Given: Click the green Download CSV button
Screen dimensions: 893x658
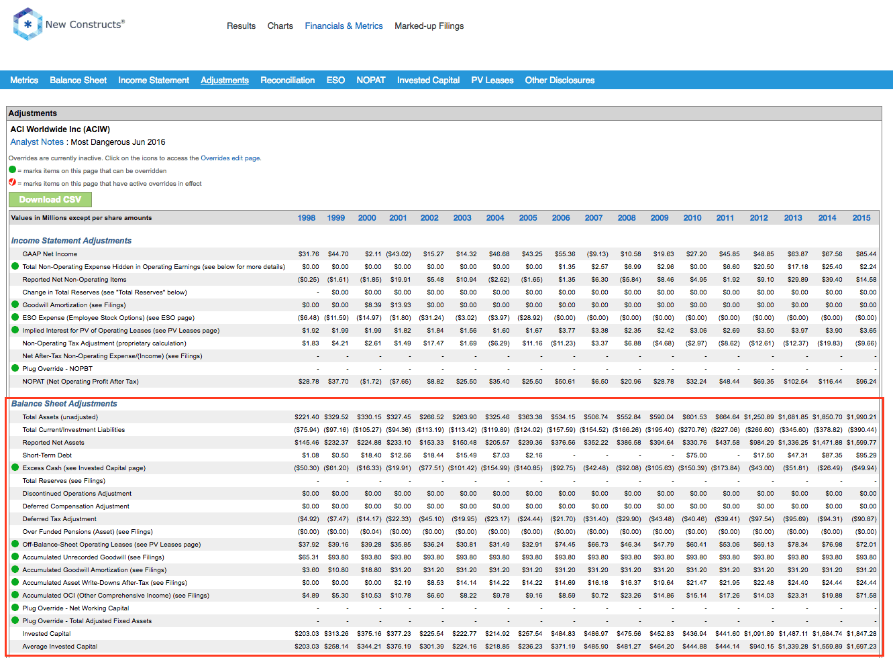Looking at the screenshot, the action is (50, 199).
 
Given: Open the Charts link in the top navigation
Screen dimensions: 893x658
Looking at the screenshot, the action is (280, 26).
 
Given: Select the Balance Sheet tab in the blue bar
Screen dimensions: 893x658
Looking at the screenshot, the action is (78, 80).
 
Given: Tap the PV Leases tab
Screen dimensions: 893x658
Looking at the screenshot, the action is (492, 80).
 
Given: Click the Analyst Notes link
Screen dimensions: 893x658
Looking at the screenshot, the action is (37, 142).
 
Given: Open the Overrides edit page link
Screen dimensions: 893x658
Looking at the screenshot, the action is (230, 158).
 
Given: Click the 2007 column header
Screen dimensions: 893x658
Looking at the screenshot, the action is (594, 217).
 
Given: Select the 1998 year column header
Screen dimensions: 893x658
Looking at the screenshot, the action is (306, 217).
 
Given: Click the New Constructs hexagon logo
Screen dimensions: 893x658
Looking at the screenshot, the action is (28, 24).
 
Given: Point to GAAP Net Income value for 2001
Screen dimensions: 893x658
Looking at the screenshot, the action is (399, 254).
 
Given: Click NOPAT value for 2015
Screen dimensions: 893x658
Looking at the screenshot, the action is (866, 382).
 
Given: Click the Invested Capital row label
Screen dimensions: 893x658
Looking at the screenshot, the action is (46, 634).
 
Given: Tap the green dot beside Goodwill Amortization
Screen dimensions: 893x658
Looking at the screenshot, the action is (15, 305).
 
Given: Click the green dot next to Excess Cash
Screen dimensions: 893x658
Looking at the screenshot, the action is (15, 468).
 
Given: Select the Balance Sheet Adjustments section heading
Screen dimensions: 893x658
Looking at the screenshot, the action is (64, 404).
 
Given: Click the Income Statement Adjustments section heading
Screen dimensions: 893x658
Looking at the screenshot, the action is (71, 241).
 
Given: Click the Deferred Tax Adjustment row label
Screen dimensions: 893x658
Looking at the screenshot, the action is (60, 519).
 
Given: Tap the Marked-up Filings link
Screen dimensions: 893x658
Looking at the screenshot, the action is (429, 26).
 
